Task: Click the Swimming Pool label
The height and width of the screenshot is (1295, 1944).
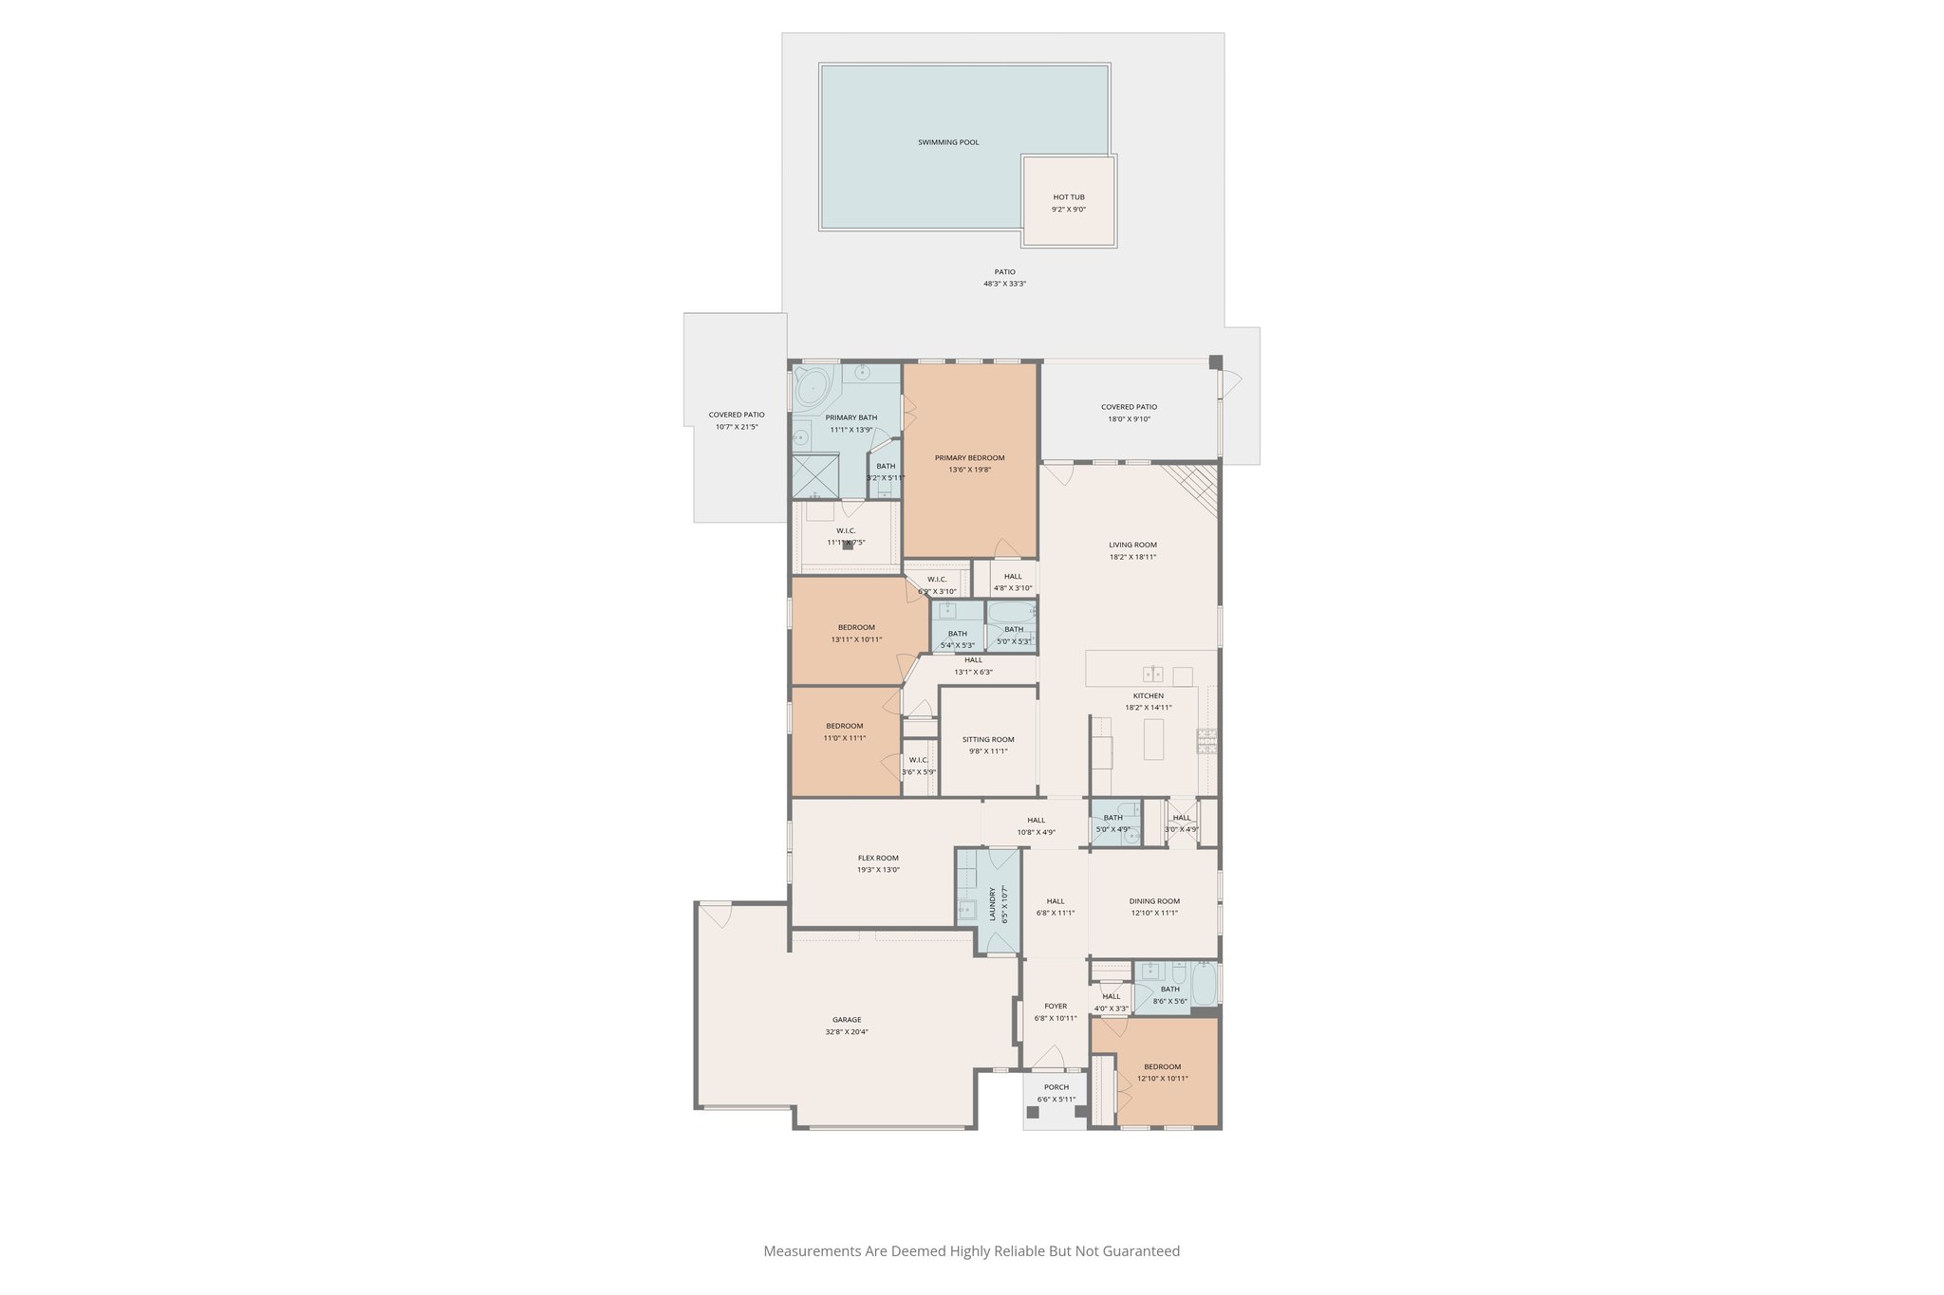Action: click(x=947, y=142)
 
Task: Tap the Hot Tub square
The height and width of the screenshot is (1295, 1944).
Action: click(x=1068, y=202)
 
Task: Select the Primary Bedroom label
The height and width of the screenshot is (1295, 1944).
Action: click(x=969, y=457)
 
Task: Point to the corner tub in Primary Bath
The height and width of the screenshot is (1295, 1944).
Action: click(x=813, y=388)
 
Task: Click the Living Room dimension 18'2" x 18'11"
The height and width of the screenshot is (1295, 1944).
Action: click(x=1132, y=557)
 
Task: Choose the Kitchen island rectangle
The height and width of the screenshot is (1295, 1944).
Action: click(x=1153, y=739)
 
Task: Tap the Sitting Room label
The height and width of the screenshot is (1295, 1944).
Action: click(x=987, y=739)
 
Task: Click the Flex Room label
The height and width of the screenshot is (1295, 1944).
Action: click(x=878, y=858)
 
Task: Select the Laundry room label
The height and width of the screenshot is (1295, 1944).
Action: click(x=993, y=904)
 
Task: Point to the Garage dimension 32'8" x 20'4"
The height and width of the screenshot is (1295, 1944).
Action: click(x=847, y=1031)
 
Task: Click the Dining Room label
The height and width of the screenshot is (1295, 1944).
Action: click(x=1154, y=901)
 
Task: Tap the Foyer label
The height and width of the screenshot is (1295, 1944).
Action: click(x=1056, y=1006)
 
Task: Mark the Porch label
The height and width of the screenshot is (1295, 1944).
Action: click(x=1056, y=1087)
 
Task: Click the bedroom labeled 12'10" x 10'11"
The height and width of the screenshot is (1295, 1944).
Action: click(x=1162, y=1072)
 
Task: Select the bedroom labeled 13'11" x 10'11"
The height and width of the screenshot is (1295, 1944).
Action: click(x=856, y=633)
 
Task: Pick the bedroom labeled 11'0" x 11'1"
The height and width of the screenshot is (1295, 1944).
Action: click(x=844, y=731)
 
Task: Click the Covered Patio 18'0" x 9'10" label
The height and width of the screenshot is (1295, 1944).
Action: click(x=1129, y=407)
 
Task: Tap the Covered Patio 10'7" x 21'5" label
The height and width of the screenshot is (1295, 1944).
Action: click(x=736, y=415)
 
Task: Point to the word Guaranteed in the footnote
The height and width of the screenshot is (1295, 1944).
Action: click(x=1138, y=1251)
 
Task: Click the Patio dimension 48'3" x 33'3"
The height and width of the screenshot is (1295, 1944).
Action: click(x=1004, y=284)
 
